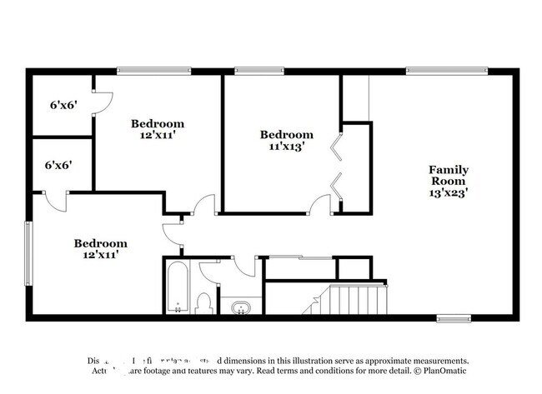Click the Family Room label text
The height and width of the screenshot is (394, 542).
coord(448,173)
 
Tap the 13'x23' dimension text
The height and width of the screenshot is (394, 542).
coord(448,192)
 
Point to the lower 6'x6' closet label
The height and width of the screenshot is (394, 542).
coord(58,164)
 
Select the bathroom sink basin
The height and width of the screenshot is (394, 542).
coord(240,308)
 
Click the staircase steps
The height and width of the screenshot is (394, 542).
coord(356,298)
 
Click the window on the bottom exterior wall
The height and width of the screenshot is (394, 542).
coord(454,317)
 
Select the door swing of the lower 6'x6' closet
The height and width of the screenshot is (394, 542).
coord(57,200)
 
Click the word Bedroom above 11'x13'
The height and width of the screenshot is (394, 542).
coord(287,134)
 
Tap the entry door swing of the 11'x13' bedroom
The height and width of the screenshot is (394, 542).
coord(320,205)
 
